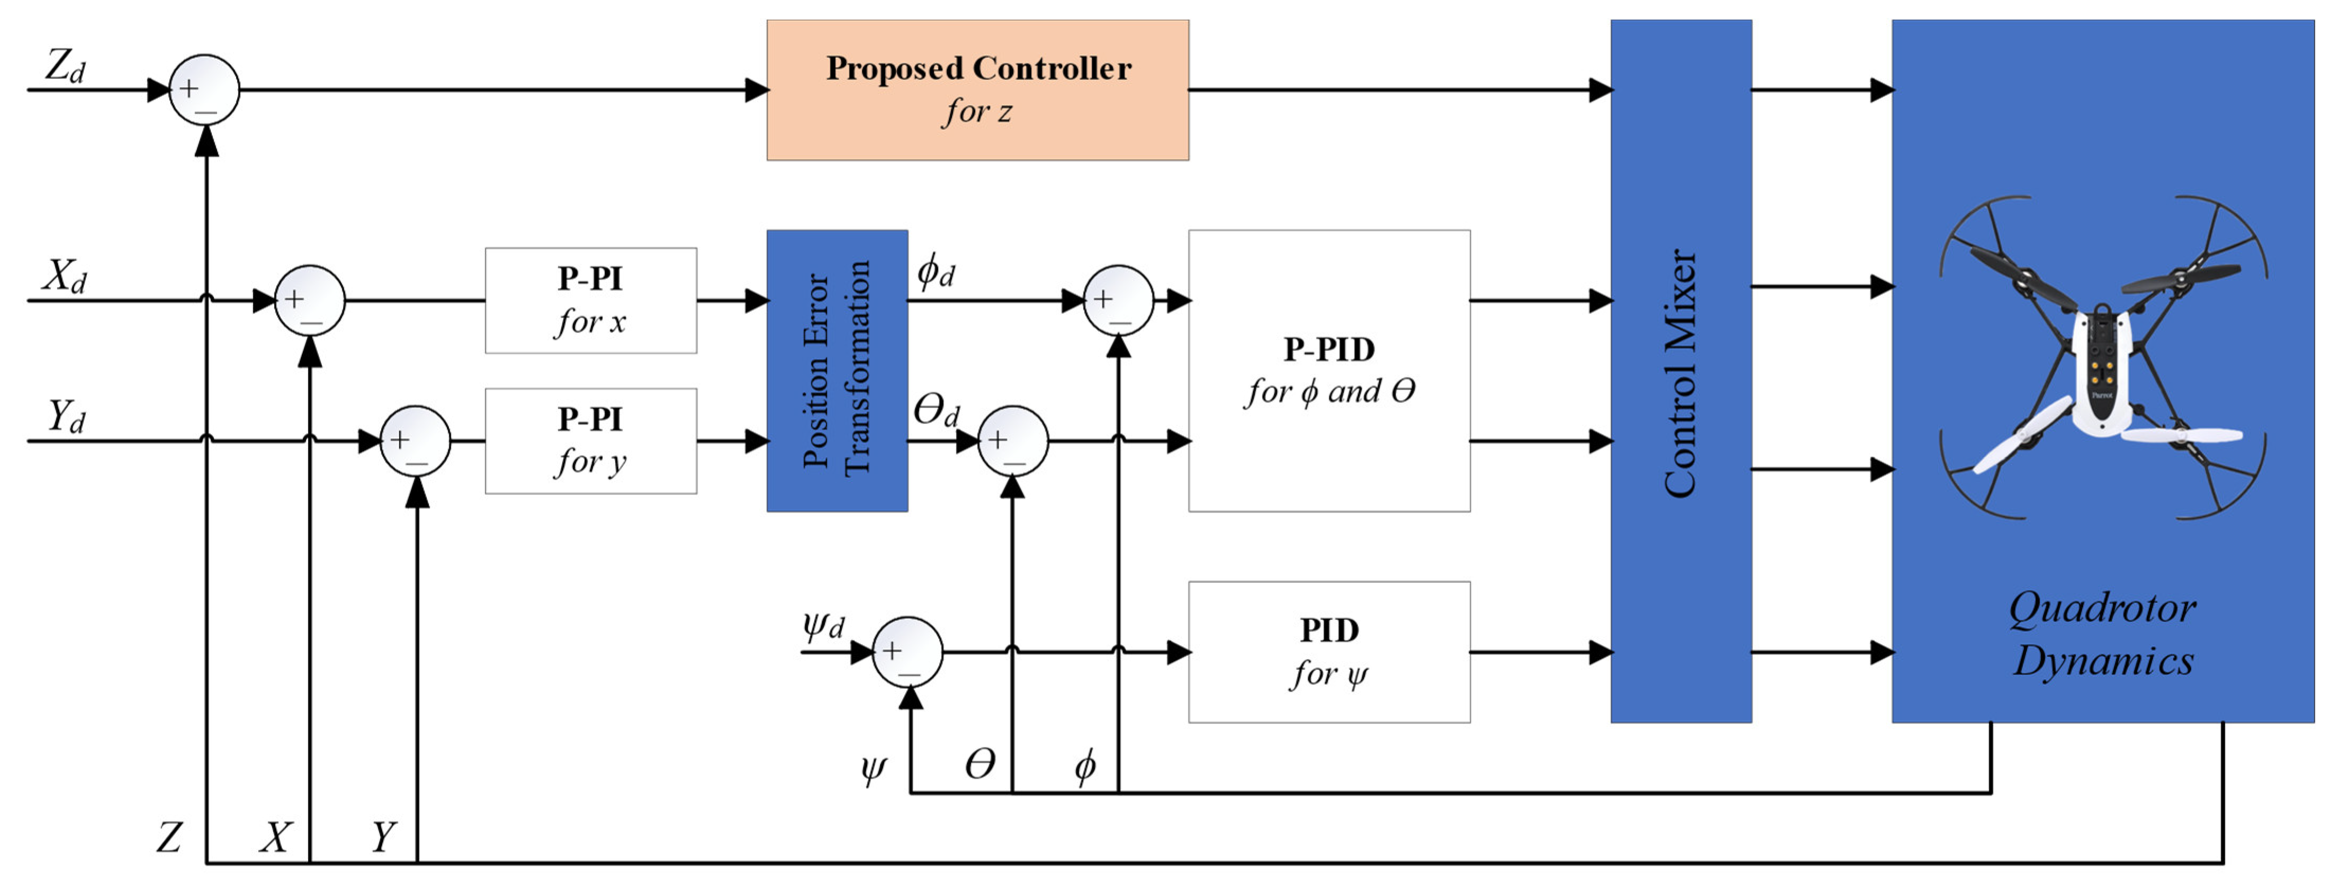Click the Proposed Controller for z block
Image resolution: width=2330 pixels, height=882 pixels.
[x=978, y=91]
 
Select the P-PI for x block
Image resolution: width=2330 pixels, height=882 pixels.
[x=591, y=300]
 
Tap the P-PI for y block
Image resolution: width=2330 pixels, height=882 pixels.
[x=591, y=442]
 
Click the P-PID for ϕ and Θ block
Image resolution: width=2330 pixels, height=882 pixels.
[x=1329, y=371]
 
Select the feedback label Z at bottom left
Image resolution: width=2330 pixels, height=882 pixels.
[x=169, y=837]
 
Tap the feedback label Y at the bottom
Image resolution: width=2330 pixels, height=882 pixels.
[x=383, y=837]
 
